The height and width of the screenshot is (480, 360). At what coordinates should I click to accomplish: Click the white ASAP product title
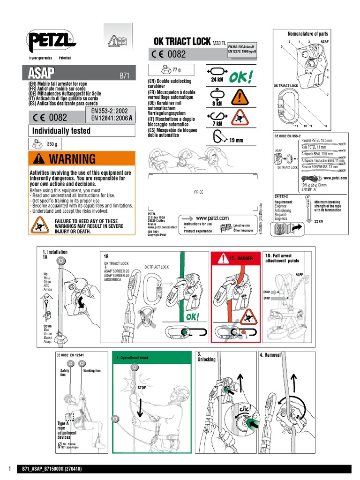pos(42,73)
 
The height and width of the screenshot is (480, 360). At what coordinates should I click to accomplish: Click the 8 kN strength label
pos(217,103)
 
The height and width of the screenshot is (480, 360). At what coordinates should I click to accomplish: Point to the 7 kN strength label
pos(217,123)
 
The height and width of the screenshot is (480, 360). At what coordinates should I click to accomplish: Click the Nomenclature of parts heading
pos(308,34)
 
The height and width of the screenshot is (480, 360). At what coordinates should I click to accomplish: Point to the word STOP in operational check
pos(142,388)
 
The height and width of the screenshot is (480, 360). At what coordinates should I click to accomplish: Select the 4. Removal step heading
pos(270,355)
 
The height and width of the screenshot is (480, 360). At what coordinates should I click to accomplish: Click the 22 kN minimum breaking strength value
pos(319,221)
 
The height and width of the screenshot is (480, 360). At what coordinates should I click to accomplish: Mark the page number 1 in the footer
pos(9,469)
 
